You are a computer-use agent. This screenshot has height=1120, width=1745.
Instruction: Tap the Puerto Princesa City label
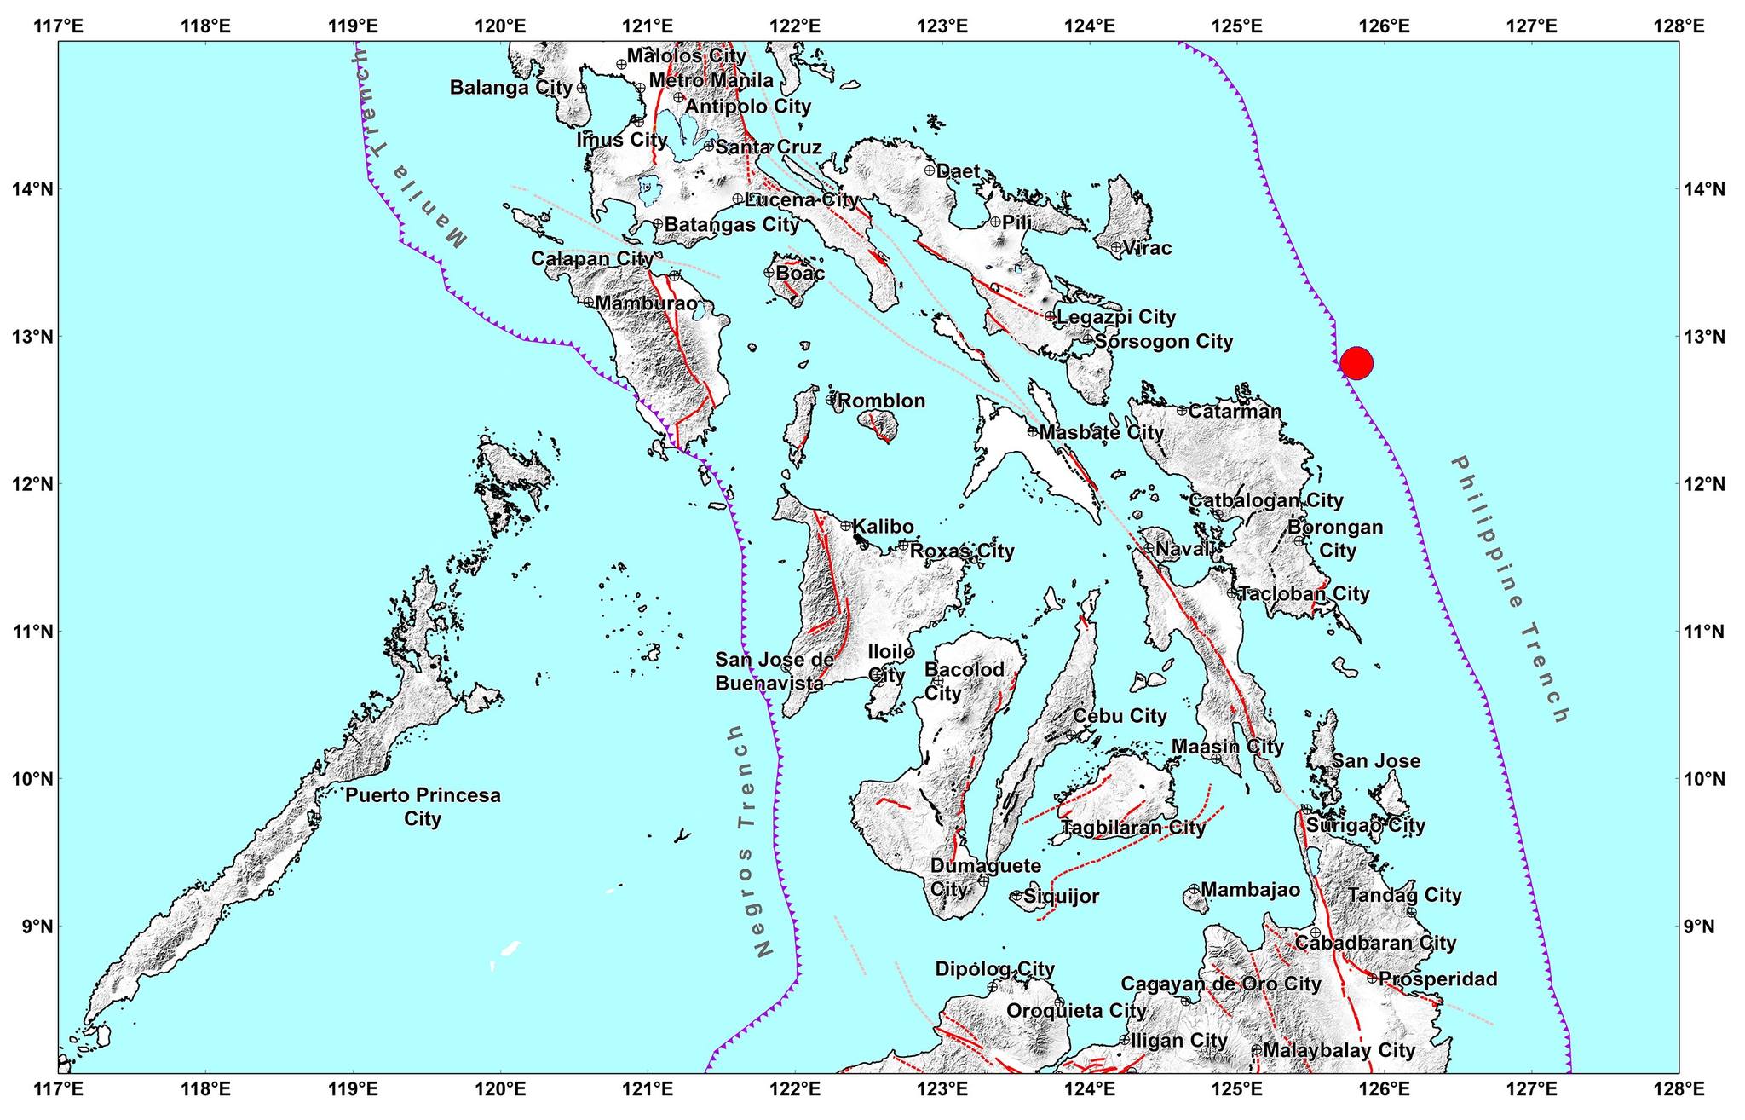(423, 806)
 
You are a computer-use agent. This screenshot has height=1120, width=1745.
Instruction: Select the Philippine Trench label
(1509, 589)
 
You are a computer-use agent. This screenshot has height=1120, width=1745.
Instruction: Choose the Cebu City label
(1119, 716)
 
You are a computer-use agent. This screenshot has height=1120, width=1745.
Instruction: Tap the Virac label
(1147, 248)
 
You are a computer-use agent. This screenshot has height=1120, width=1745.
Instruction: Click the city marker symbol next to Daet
(930, 170)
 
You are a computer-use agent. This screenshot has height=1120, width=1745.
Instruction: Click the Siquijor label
(1061, 896)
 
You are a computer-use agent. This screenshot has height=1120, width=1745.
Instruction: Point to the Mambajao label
(1251, 890)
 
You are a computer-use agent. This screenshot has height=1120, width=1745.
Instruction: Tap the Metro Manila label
(711, 80)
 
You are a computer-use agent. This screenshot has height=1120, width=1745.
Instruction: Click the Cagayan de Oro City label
(1220, 984)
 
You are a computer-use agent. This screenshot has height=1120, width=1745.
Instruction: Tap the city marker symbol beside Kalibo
(846, 526)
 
